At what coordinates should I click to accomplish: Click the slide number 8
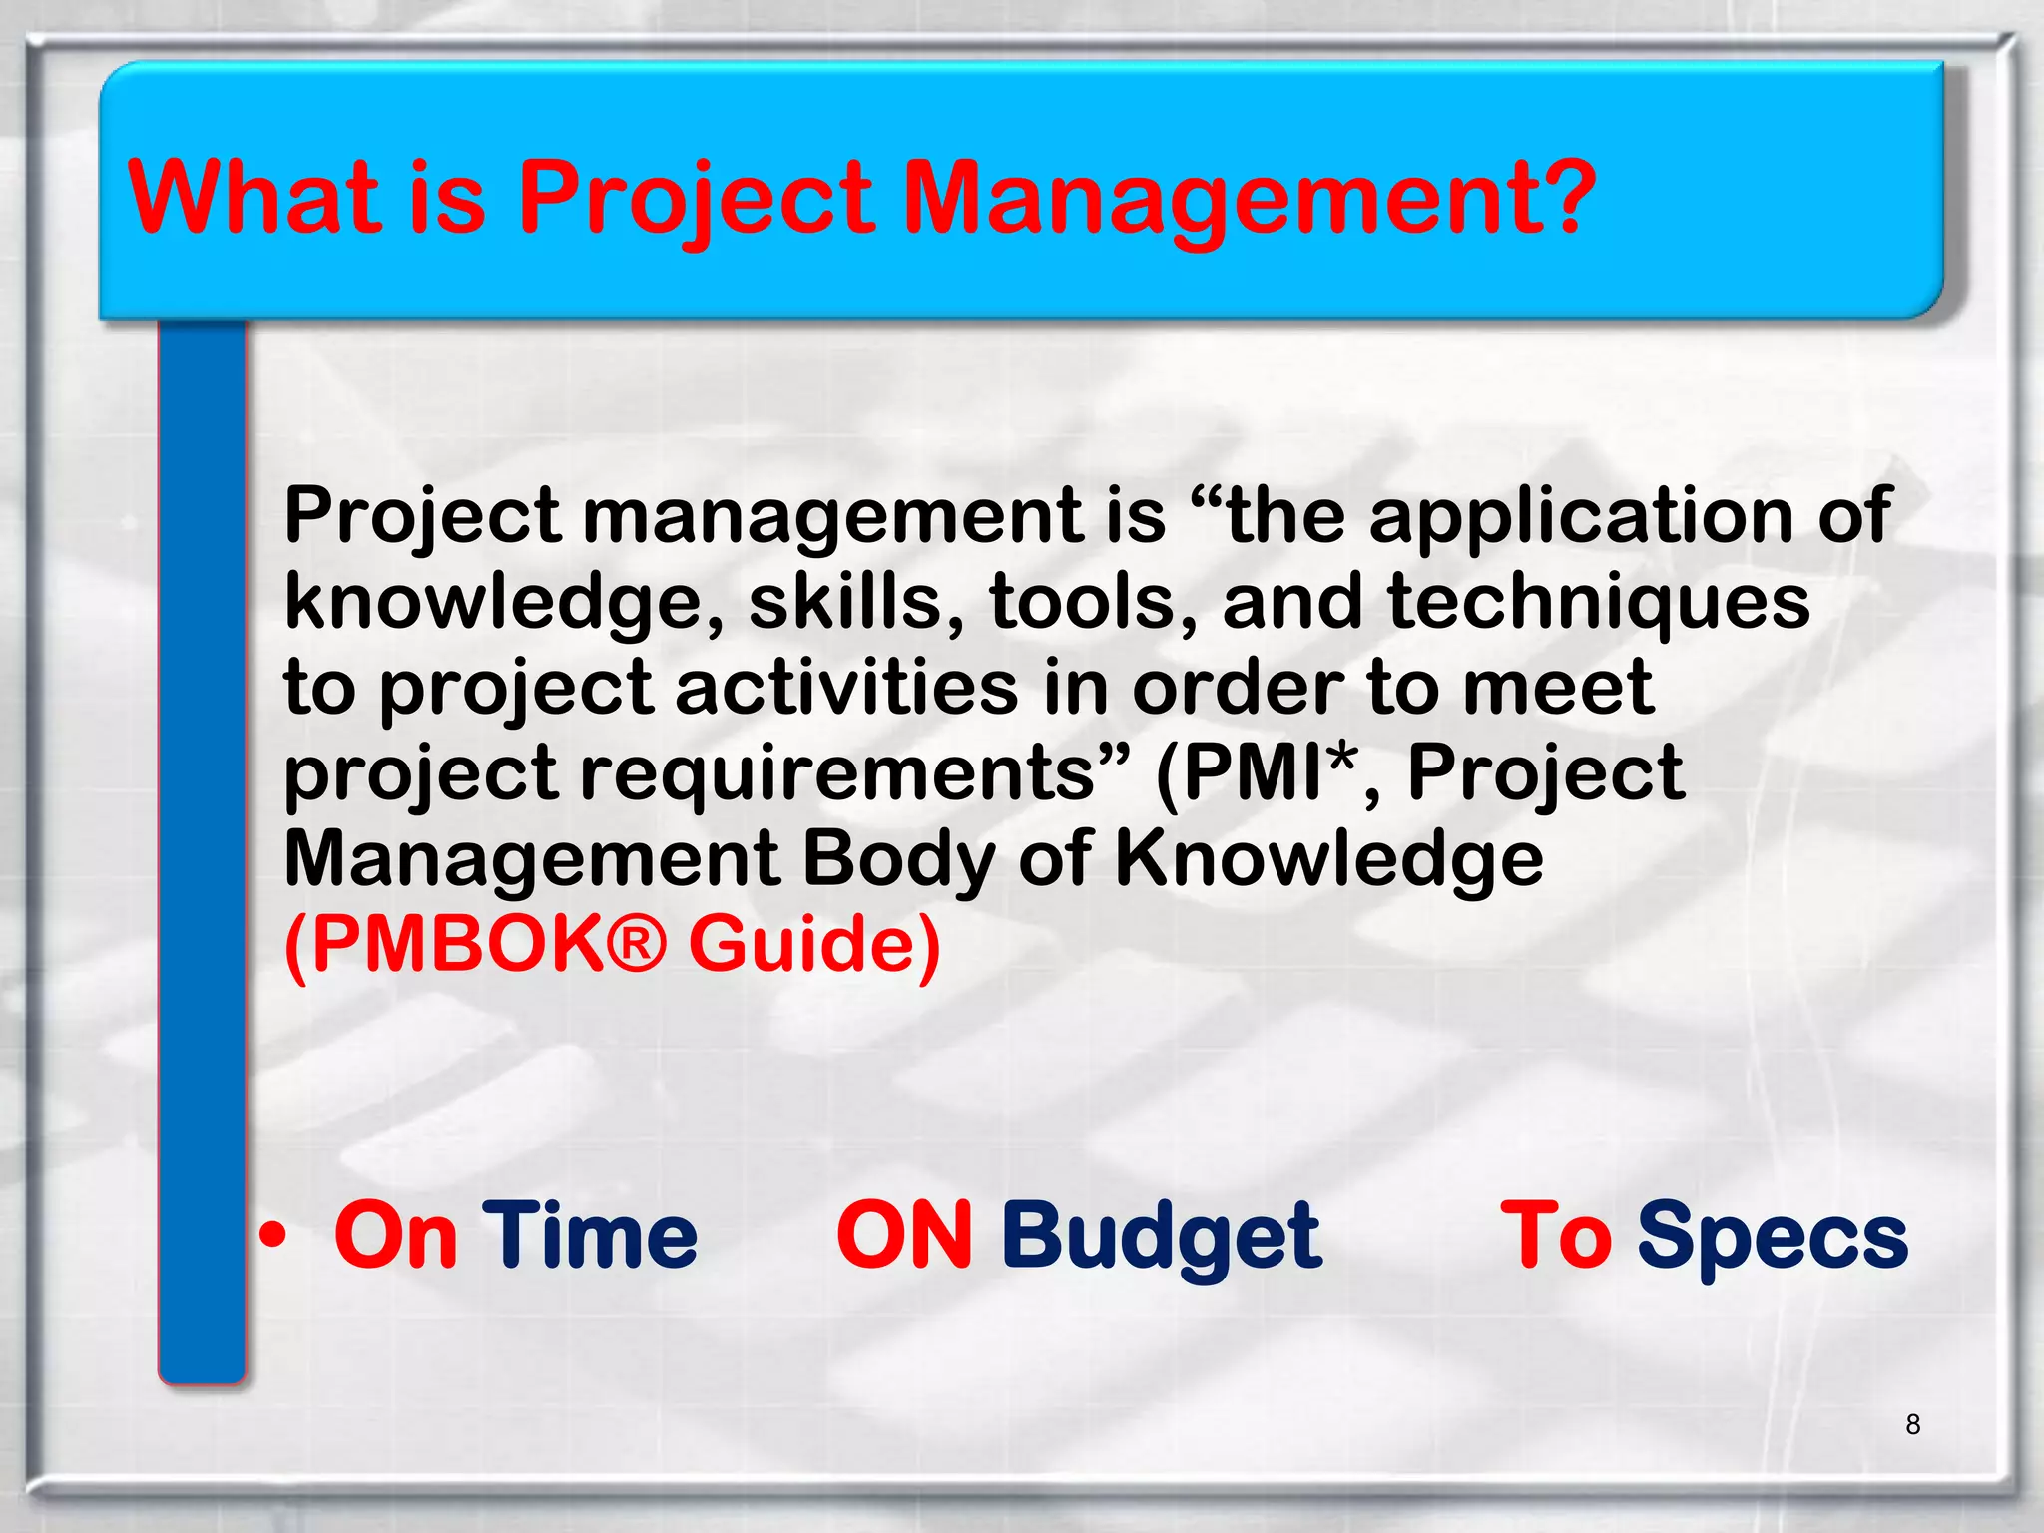click(x=1912, y=1424)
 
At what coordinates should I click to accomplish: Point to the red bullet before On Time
click(x=272, y=1237)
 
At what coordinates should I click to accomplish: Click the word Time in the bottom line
click(x=589, y=1236)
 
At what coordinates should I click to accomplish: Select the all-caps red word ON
click(x=904, y=1236)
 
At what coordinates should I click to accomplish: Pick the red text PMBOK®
click(x=475, y=943)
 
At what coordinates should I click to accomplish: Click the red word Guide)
click(x=814, y=943)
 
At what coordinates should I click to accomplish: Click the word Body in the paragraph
click(x=898, y=858)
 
